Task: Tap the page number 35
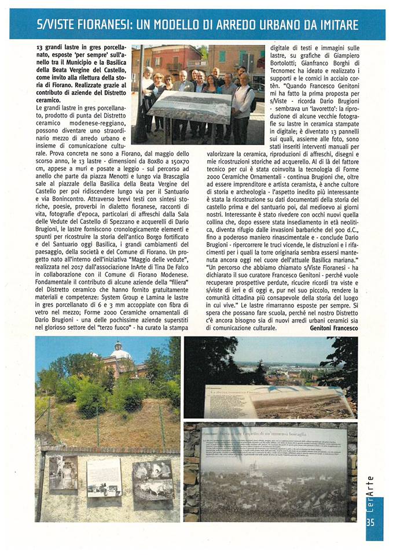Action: pos(372,523)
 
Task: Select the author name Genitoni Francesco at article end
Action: pos(334,328)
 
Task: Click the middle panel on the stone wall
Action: pos(104,478)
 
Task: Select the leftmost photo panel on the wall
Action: pos(63,473)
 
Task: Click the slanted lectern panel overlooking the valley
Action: pos(278,401)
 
